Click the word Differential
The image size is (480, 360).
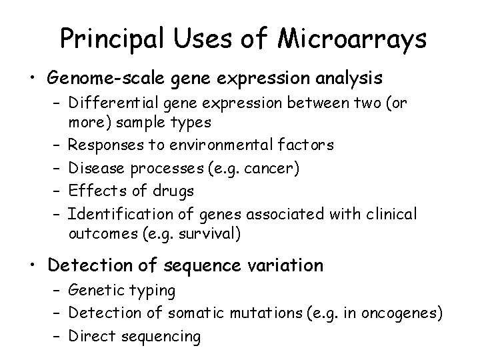[110, 105]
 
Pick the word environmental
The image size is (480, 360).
[209, 144]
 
